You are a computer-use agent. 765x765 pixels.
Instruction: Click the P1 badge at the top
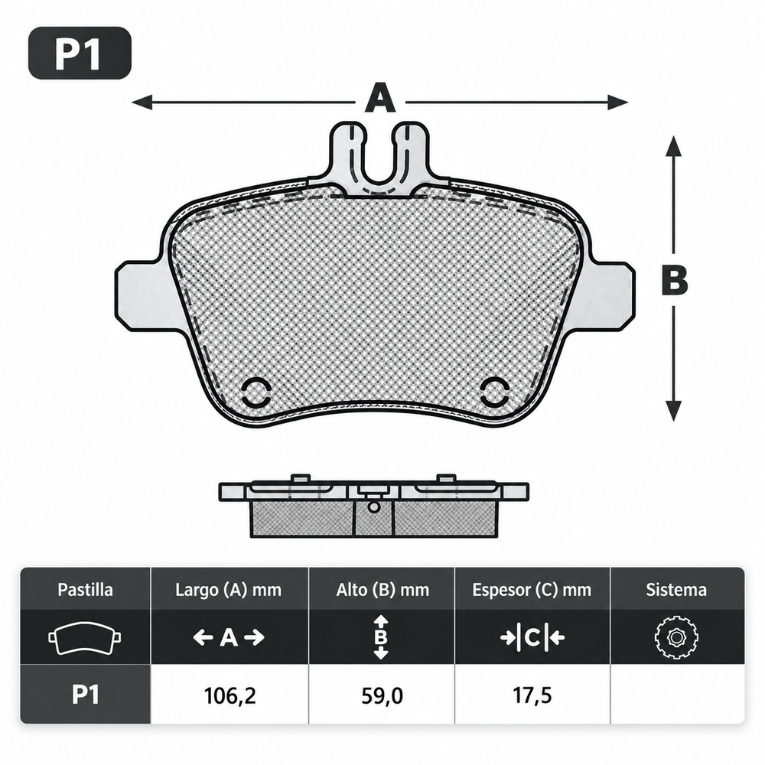[x=80, y=54]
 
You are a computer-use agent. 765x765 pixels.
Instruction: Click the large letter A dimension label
[x=380, y=98]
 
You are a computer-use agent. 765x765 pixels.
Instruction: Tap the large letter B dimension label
[x=675, y=281]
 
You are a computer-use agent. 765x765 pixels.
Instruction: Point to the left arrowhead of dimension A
[x=142, y=103]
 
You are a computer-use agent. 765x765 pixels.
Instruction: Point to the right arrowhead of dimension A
[x=618, y=103]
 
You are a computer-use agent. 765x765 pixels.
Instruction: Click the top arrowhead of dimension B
[x=674, y=145]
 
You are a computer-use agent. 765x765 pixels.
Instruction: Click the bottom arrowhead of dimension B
[x=674, y=411]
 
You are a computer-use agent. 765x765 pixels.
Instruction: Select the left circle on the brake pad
[x=256, y=392]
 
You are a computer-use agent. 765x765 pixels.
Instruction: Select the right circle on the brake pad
[x=495, y=392]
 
